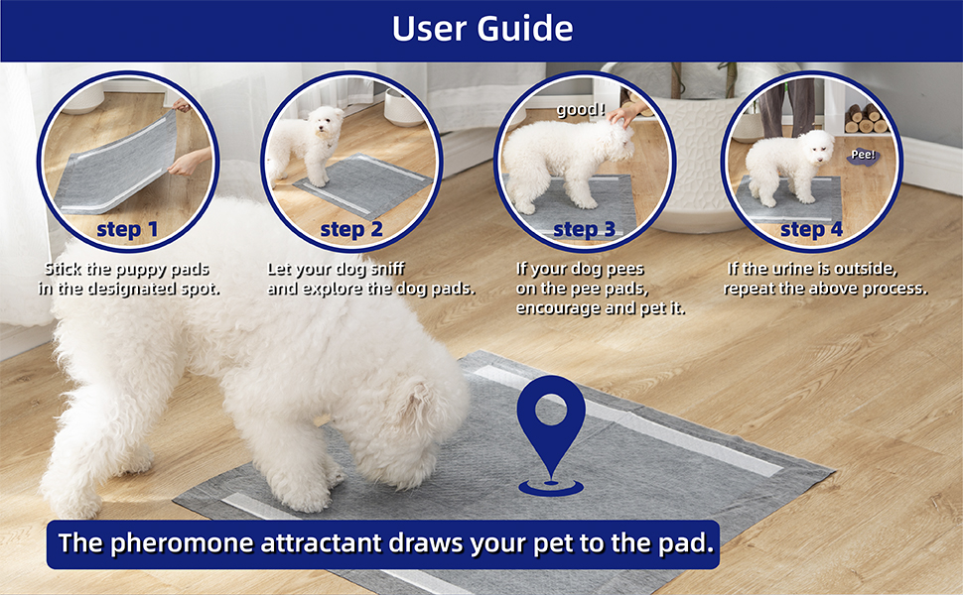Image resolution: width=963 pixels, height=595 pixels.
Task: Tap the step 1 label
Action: (127, 231)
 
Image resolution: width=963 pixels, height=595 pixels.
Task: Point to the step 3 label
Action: (584, 231)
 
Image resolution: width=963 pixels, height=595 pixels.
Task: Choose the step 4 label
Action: (811, 231)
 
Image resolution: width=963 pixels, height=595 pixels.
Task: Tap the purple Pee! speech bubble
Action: (862, 155)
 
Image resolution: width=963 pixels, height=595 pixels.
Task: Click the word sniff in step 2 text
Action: (385, 269)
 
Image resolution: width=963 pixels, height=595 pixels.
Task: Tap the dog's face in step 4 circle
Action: (818, 149)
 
